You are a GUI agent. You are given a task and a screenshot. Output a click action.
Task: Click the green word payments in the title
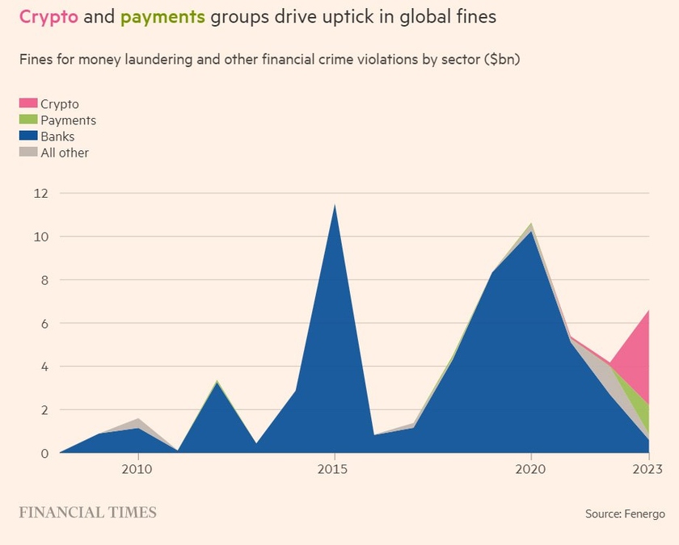click(162, 16)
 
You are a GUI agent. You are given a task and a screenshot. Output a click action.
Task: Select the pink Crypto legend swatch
click(28, 104)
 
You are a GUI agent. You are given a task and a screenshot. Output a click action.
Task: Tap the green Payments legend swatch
click(28, 120)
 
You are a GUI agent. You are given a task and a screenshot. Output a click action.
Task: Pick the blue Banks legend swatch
click(28, 136)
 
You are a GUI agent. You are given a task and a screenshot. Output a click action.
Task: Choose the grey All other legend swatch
click(28, 153)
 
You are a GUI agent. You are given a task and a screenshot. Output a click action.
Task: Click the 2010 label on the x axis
click(137, 469)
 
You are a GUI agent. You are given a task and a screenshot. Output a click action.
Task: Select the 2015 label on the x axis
click(334, 469)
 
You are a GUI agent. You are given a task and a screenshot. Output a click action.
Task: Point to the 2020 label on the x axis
click(530, 469)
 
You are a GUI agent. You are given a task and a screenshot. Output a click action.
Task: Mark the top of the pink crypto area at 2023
click(648, 311)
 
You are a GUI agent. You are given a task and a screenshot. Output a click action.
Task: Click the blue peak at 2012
click(216, 383)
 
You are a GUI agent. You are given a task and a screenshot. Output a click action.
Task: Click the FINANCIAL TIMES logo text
click(88, 513)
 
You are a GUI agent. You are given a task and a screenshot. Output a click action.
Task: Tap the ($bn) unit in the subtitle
click(500, 61)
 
